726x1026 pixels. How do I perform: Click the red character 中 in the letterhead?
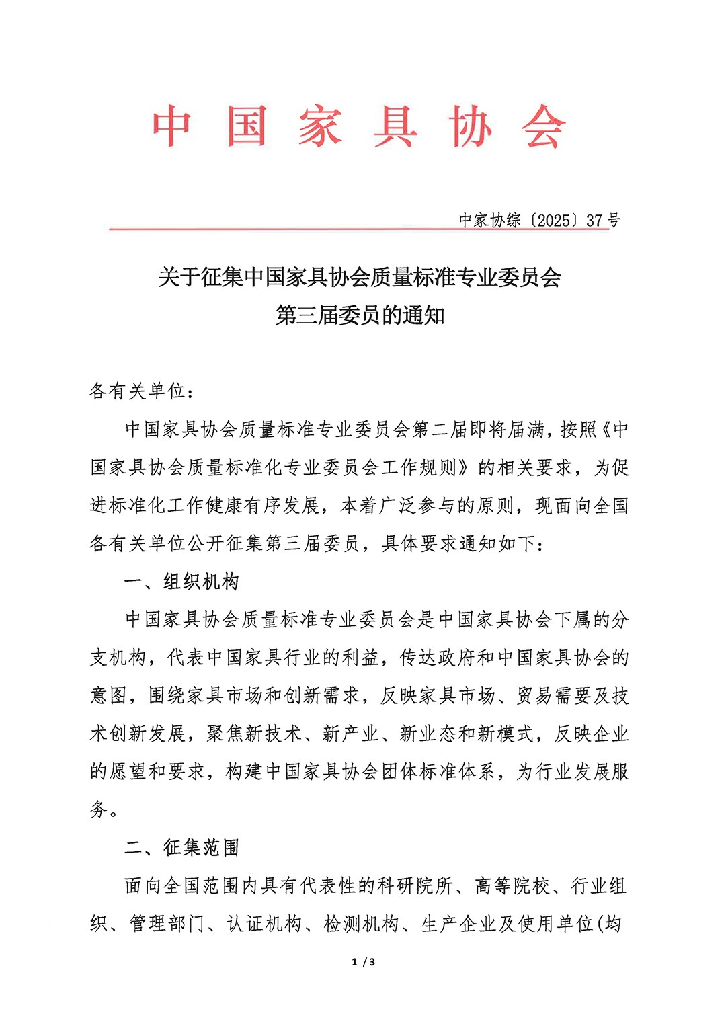(172, 126)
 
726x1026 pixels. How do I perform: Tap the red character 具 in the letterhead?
(395, 126)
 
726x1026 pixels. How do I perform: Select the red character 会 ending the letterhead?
(543, 126)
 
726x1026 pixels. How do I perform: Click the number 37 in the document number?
(594, 220)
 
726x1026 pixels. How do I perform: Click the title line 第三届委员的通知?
(360, 315)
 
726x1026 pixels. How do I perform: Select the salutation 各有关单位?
(137, 391)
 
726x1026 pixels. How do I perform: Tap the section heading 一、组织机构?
(182, 582)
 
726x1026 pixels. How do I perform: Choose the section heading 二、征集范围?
(182, 847)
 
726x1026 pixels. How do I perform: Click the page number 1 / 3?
(363, 962)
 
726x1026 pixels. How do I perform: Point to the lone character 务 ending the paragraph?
(99, 810)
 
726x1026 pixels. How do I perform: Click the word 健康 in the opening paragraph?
(225, 505)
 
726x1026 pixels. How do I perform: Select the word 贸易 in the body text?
(536, 695)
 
